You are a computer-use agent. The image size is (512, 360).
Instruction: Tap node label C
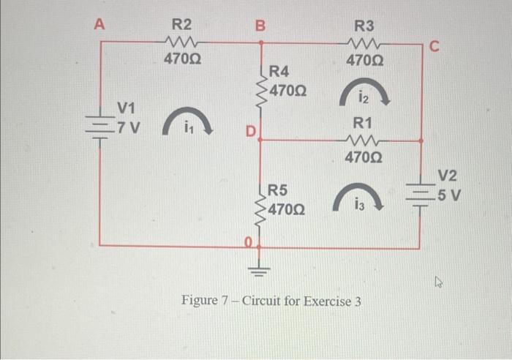[x=434, y=48]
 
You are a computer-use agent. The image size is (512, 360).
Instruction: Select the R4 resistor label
[x=280, y=72]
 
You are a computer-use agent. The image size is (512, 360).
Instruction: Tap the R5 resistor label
[x=278, y=191]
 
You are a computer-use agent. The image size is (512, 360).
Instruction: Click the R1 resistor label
[x=363, y=121]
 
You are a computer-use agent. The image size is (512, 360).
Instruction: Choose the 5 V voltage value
[x=448, y=195]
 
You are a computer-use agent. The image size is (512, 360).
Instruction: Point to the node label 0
[x=249, y=241]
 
